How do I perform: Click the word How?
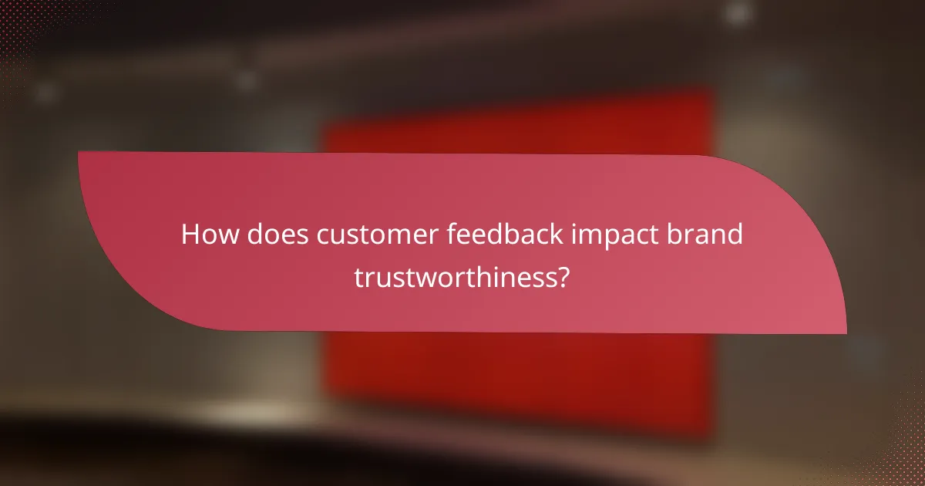point(208,235)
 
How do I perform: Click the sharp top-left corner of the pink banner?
point(79,152)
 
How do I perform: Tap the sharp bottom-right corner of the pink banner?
point(846,333)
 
